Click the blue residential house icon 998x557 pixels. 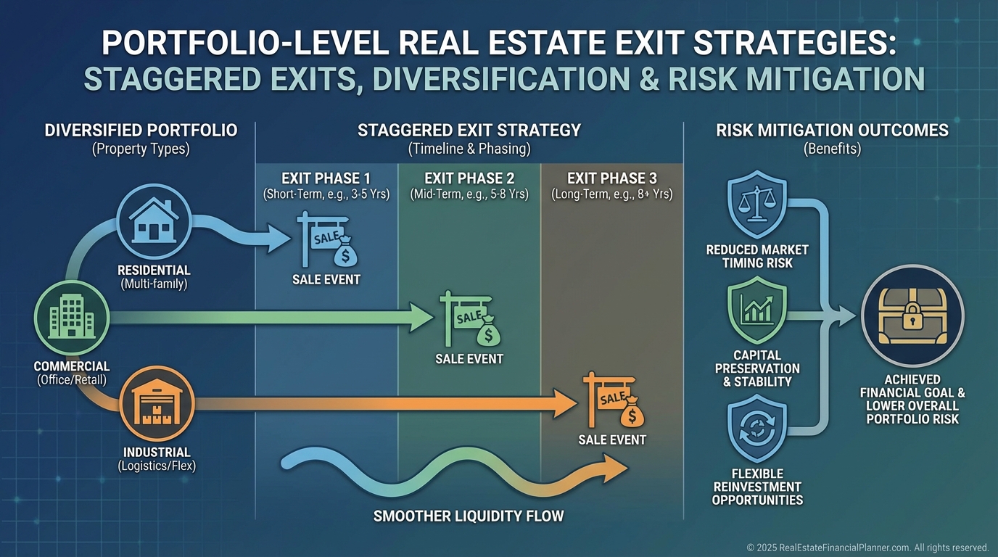pyautogui.click(x=154, y=221)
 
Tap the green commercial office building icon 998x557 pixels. pyautogui.click(x=72, y=317)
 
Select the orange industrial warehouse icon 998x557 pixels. pyautogui.click(x=157, y=403)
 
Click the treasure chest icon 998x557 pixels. pyautogui.click(x=912, y=315)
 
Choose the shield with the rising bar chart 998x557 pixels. pyautogui.click(x=757, y=310)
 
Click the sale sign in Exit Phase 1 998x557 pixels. pyautogui.click(x=326, y=240)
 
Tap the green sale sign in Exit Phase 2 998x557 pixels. pyautogui.click(x=469, y=319)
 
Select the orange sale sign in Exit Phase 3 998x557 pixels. pyautogui.click(x=613, y=400)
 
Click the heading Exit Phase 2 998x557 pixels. pyautogui.click(x=469, y=178)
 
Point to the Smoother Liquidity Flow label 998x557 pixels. pyautogui.click(x=469, y=516)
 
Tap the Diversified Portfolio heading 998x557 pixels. pyautogui.click(x=141, y=130)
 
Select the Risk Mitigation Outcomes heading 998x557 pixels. pyautogui.click(x=832, y=130)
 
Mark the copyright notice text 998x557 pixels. pyautogui.click(x=867, y=547)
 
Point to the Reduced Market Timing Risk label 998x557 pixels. pyautogui.click(x=757, y=256)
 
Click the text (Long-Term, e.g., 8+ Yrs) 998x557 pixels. pyautogui.click(x=612, y=194)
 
